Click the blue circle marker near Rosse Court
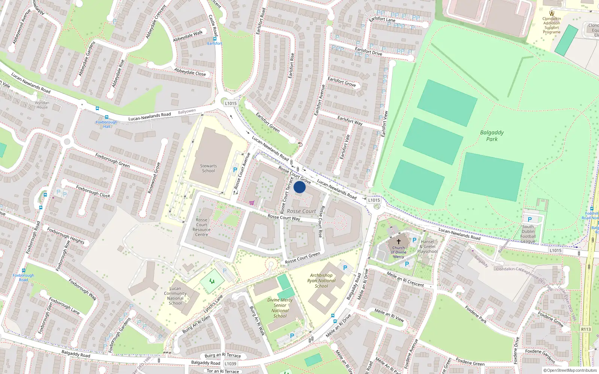tap(299, 187)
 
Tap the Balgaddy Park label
tap(492, 136)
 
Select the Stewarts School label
tap(209, 168)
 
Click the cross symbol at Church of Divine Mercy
tap(399, 242)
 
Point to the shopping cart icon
tap(252, 203)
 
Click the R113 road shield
tap(586, 329)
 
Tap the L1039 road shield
tap(231, 364)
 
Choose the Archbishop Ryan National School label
tap(321, 280)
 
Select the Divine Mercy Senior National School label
tap(280, 308)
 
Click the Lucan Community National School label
tap(175, 296)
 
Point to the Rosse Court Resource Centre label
tap(201, 227)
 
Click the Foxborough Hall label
tap(106, 124)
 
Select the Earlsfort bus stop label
tap(215, 43)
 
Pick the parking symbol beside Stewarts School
tap(235, 170)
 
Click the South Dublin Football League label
tap(528, 234)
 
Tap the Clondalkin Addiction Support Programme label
tap(552, 25)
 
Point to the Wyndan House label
tap(42, 105)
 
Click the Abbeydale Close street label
tap(190, 72)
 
